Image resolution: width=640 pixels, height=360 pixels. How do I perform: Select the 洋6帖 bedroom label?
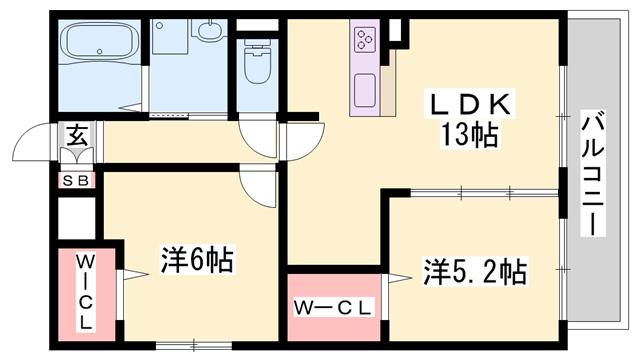pyautogui.click(x=197, y=261)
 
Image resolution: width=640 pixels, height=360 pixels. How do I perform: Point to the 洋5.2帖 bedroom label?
pyautogui.click(x=475, y=270)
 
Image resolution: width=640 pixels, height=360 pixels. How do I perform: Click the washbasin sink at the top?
pyautogui.click(x=211, y=31)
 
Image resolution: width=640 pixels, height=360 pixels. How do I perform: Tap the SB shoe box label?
pyautogui.click(x=77, y=180)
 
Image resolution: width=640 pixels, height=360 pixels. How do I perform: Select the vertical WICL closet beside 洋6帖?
pyautogui.click(x=85, y=292)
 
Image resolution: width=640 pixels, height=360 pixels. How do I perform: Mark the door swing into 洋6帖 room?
pyautogui.click(x=258, y=186)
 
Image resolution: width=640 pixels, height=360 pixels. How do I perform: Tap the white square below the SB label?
pyautogui.click(x=75, y=216)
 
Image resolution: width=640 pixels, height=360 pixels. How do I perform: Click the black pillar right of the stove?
pyautogui.click(x=397, y=31)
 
